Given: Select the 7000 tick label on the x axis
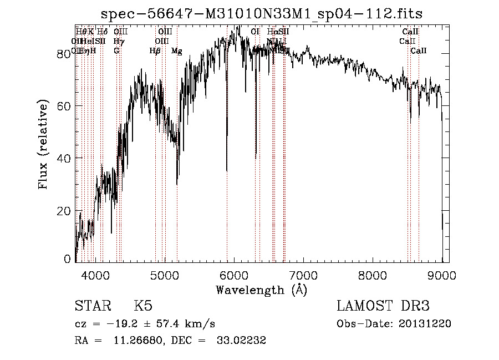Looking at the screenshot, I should click(303, 275).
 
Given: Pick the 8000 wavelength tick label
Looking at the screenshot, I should click(373, 275).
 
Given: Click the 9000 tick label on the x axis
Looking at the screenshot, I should click(442, 275).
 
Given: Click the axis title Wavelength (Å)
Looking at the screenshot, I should click(261, 290).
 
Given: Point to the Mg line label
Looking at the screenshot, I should click(177, 51).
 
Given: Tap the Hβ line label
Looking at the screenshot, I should click(155, 51).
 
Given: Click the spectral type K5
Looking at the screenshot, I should click(143, 306).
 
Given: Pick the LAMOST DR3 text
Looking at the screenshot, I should click(383, 306).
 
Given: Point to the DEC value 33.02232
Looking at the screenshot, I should click(242, 341).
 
